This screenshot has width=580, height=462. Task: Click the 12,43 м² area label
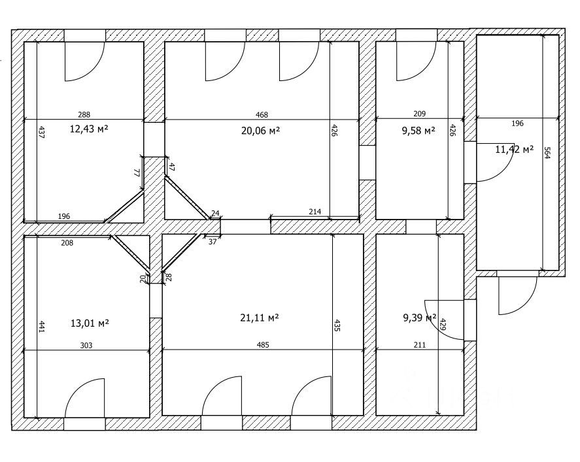click(88, 129)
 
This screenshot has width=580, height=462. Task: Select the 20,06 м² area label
click(260, 131)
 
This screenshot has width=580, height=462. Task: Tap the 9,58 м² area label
click(418, 131)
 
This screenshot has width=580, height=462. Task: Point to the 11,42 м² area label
click(514, 149)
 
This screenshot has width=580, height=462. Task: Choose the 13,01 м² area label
click(89, 323)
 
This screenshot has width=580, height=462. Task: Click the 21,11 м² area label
click(260, 318)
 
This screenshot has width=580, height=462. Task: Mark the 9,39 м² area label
click(419, 318)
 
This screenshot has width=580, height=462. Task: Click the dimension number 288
click(84, 114)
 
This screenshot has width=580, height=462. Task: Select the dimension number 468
click(262, 114)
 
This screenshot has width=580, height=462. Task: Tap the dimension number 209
click(420, 114)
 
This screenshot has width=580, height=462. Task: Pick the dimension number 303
click(86, 345)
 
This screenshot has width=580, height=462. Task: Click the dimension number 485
click(262, 345)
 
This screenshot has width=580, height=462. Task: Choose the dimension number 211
click(419, 345)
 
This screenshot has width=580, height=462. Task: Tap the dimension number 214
click(315, 212)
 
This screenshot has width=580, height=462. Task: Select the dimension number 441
click(41, 327)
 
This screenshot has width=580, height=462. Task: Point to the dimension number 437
click(41, 133)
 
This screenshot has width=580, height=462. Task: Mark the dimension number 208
click(67, 243)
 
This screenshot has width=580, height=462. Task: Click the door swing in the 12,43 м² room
click(84, 61)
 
